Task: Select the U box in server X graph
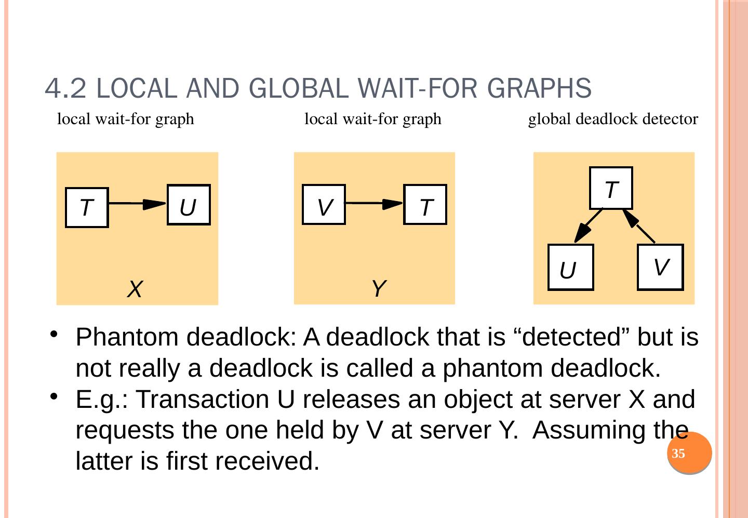189,205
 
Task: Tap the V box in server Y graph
324,205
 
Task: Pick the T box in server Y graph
425,205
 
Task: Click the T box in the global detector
611,188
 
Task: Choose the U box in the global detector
570,267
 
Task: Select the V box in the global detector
660,267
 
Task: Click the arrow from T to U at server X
138,204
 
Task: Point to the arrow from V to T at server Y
374,204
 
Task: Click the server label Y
379,288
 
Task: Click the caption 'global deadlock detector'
613,119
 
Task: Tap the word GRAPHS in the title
540,88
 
